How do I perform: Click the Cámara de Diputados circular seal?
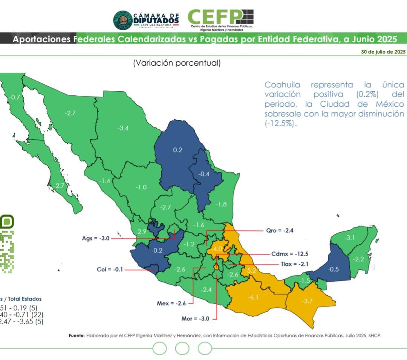pos(122,20)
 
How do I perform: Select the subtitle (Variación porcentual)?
pos(176,63)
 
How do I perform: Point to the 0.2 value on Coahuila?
pos(177,150)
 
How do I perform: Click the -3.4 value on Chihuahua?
pos(123,128)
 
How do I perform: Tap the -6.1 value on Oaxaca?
pos(253,297)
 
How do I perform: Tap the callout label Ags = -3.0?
pos(96,238)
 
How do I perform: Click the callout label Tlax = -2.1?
pos(289,264)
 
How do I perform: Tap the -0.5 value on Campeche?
pos(333,269)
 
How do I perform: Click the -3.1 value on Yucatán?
pos(350,237)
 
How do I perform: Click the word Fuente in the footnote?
pos(77,335)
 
